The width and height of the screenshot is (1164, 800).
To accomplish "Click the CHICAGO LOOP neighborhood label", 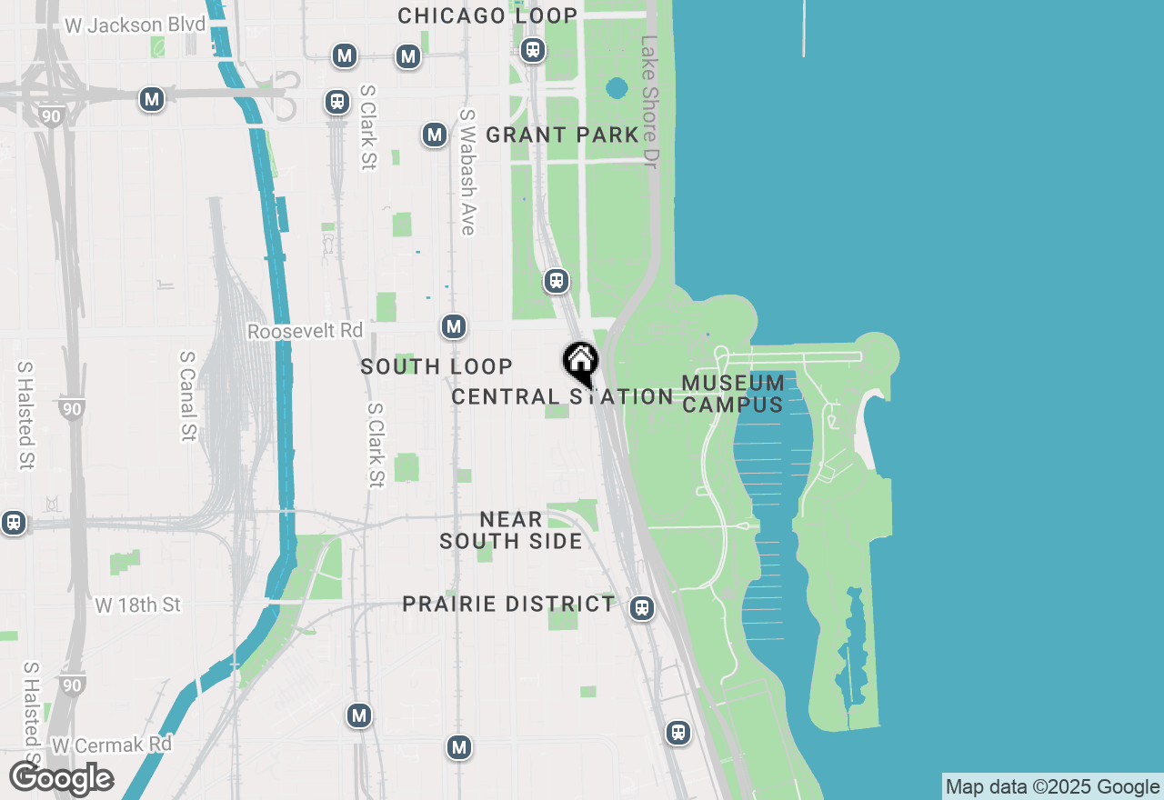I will (487, 15).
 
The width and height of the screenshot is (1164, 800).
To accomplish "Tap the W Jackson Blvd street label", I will (127, 25).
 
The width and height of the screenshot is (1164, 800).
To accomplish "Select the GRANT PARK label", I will (562, 135).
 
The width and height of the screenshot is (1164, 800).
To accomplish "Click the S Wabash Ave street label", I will (468, 173).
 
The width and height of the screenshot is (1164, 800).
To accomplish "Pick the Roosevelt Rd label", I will (305, 331).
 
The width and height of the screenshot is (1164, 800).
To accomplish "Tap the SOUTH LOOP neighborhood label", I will (436, 366).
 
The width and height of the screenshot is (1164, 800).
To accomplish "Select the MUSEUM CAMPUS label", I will (733, 394).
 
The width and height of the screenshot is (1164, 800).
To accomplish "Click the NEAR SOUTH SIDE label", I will (511, 530).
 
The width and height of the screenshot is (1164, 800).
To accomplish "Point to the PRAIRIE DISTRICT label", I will (508, 604).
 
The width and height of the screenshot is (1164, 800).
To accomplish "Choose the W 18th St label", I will (138, 605).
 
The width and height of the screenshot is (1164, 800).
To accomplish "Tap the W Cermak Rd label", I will (112, 745).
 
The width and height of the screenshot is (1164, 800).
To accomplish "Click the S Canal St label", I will (188, 396).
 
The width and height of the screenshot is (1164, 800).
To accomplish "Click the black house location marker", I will (580, 362).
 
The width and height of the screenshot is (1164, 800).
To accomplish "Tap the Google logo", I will (61, 778).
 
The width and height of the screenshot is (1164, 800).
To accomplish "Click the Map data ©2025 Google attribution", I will (1052, 787).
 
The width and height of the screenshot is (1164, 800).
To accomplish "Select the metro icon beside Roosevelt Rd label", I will (454, 326).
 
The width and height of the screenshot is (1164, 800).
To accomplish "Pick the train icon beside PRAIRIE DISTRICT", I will (642, 608).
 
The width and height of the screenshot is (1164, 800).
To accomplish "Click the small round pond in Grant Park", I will (617, 88).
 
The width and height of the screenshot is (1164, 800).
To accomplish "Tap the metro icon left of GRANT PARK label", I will (435, 135).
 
